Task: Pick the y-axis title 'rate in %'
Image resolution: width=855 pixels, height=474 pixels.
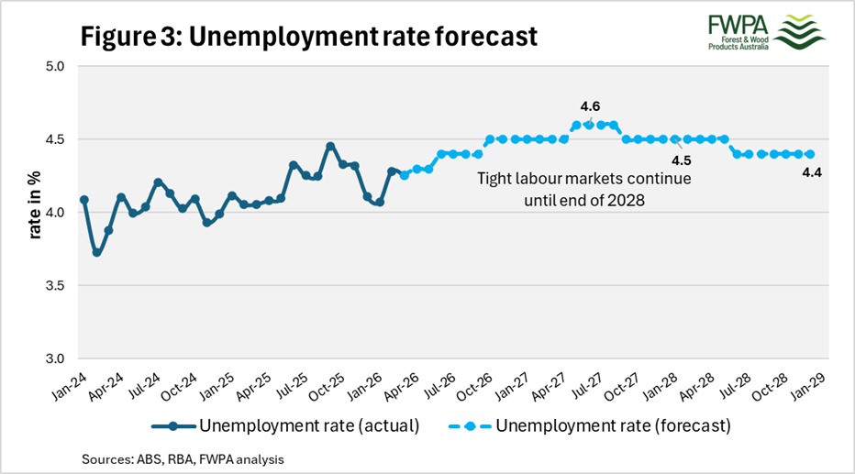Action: pyautogui.click(x=34, y=213)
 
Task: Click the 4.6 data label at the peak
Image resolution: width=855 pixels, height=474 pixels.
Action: pyautogui.click(x=590, y=107)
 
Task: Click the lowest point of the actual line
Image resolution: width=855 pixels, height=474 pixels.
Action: pyautogui.click(x=96, y=253)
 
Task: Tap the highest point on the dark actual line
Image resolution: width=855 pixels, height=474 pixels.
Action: pyautogui.click(x=330, y=146)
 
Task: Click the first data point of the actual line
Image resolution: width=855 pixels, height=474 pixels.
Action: pyautogui.click(x=84, y=199)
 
